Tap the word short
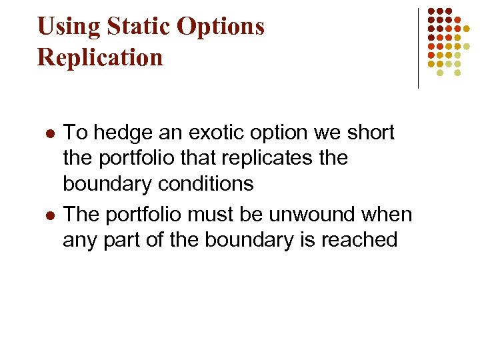coord(371,133)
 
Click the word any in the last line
coord(79,241)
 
